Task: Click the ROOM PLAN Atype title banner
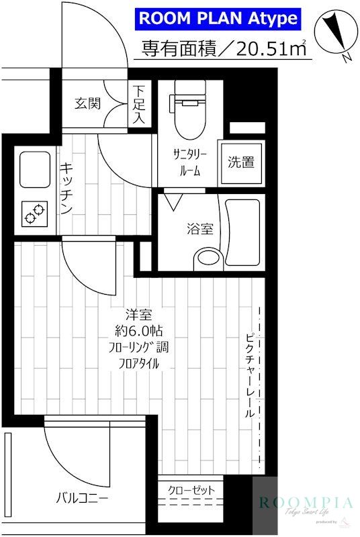217,18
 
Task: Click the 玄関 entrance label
87,103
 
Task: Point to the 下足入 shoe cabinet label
138,103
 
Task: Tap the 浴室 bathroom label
200,228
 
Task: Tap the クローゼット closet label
191,491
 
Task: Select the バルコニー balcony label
82,497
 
